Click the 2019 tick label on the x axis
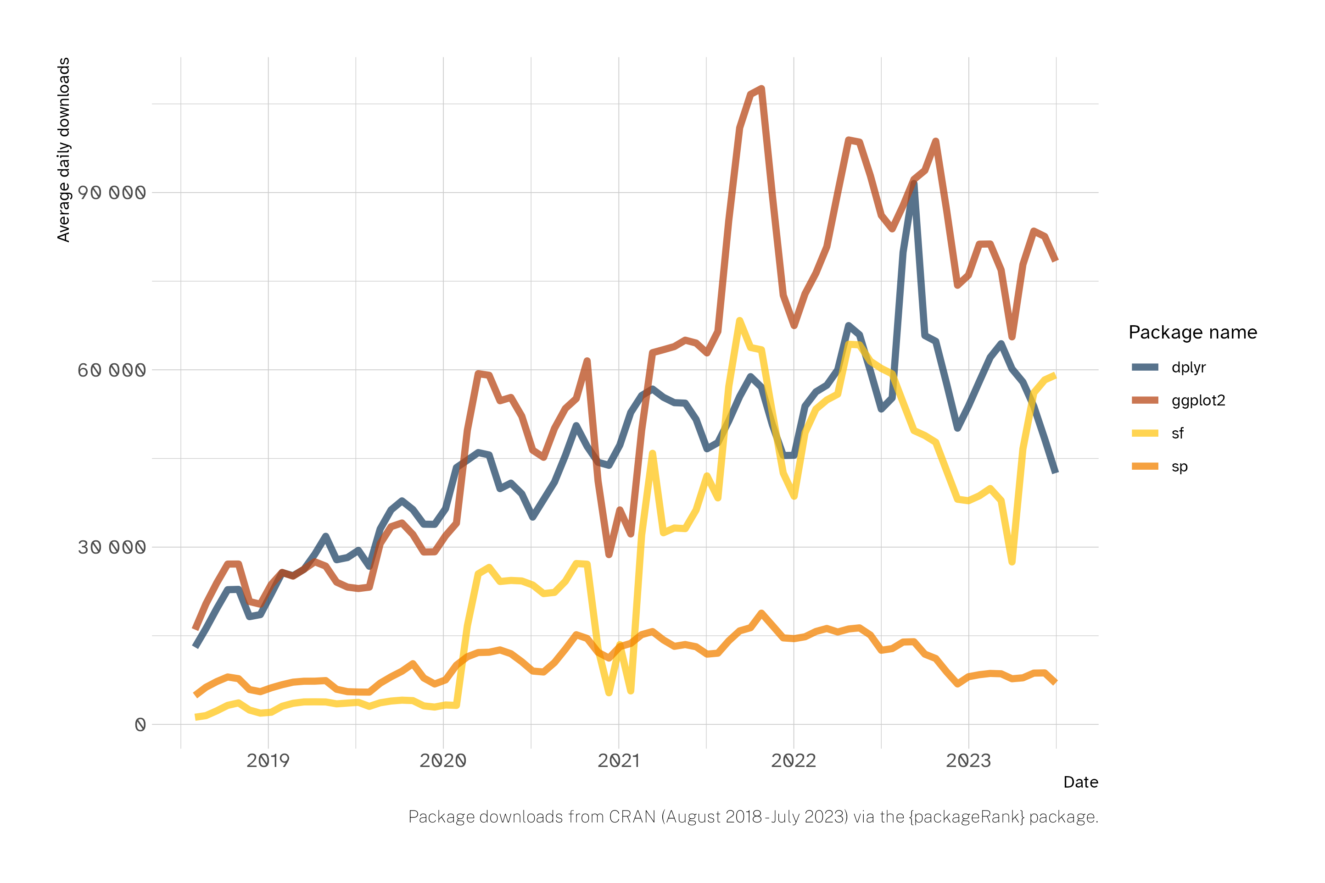[268, 761]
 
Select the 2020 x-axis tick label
[443, 761]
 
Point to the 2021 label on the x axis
[619, 761]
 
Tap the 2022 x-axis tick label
[793, 761]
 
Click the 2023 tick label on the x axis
[968, 761]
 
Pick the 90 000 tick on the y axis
[112, 193]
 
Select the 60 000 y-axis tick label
[112, 370]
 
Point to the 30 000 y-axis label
[112, 547]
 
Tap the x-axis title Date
[1080, 782]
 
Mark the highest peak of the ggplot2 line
[762, 89]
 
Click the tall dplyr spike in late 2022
[914, 183]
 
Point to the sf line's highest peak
[739, 321]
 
